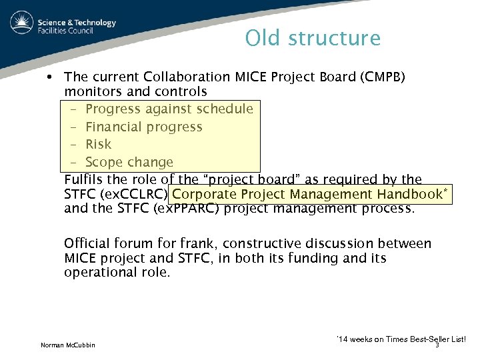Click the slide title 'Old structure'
313,38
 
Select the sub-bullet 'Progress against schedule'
169,109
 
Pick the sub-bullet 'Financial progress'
144,127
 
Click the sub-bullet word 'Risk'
99,144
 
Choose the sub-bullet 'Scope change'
129,162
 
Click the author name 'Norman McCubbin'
67,345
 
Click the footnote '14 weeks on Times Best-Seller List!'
402,339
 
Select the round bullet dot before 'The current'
49,77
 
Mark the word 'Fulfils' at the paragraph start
84,180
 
